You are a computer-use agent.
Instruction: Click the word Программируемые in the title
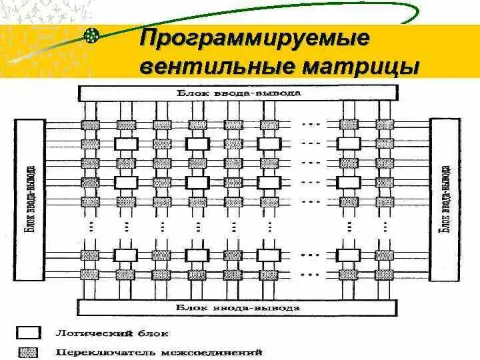click(x=253, y=39)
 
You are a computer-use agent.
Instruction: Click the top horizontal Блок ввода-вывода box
click(x=239, y=93)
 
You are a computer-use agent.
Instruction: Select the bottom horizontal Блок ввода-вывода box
click(x=239, y=308)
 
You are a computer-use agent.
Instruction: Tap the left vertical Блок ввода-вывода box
click(x=30, y=199)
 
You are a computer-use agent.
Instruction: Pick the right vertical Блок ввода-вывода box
click(x=444, y=199)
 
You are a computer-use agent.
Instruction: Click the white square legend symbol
click(x=30, y=333)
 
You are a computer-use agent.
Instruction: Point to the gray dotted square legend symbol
click(x=30, y=351)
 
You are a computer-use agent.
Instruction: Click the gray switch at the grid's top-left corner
click(x=89, y=125)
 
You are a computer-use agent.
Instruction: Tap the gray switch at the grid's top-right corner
click(x=385, y=125)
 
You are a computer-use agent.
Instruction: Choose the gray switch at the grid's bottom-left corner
click(x=89, y=274)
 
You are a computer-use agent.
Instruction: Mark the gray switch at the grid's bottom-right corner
click(x=385, y=274)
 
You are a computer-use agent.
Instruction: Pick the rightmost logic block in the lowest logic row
click(x=349, y=254)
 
